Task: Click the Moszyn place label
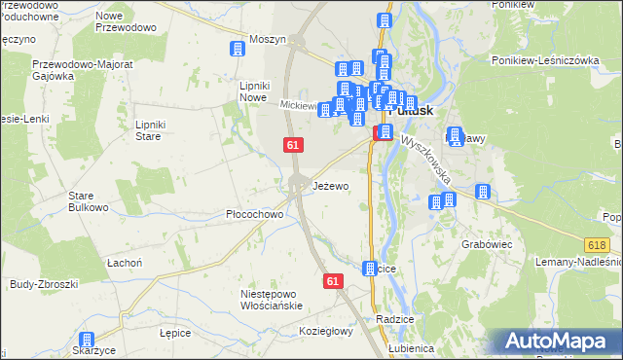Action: point(268,39)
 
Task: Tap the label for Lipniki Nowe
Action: point(253,91)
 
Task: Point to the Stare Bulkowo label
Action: point(87,201)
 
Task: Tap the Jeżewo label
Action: point(331,186)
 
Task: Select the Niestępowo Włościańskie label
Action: point(274,299)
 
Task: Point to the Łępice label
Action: point(173,332)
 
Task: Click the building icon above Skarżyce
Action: point(88,340)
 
